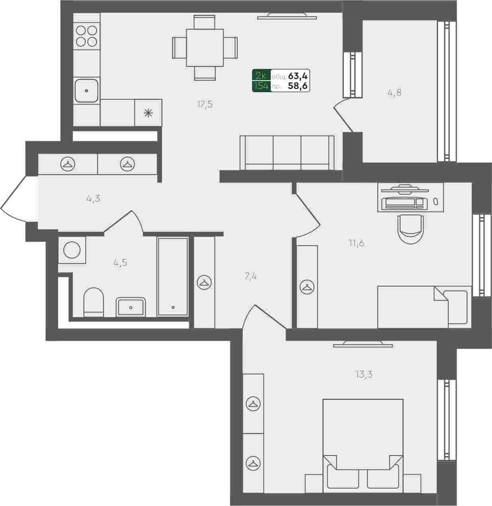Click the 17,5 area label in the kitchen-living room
(205, 105)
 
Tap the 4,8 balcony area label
(394, 93)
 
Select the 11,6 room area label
(356, 243)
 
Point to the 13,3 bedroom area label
(364, 374)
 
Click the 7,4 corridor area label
(251, 277)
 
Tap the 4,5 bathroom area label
(120, 263)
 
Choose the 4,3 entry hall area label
(93, 199)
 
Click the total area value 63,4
(298, 76)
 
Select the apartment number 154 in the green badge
(261, 85)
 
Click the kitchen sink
(86, 91)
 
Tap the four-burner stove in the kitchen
(86, 36)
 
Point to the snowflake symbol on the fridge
(148, 113)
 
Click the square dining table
(205, 48)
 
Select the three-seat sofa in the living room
(287, 153)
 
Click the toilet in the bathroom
(94, 302)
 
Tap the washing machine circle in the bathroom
(72, 250)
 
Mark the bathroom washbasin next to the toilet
(131, 307)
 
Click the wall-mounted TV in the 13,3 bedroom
(363, 345)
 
